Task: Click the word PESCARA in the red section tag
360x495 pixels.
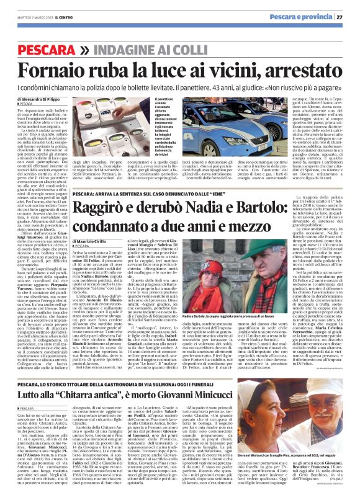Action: tap(44, 49)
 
